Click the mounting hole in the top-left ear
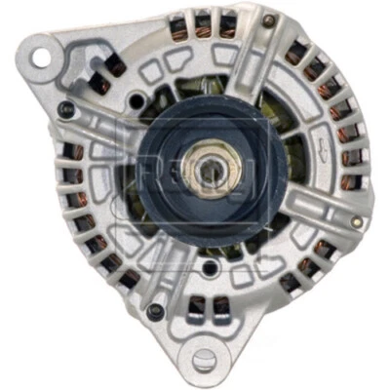coord(39,56)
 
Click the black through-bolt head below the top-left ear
coord(65,104)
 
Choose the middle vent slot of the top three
coord(204,20)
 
